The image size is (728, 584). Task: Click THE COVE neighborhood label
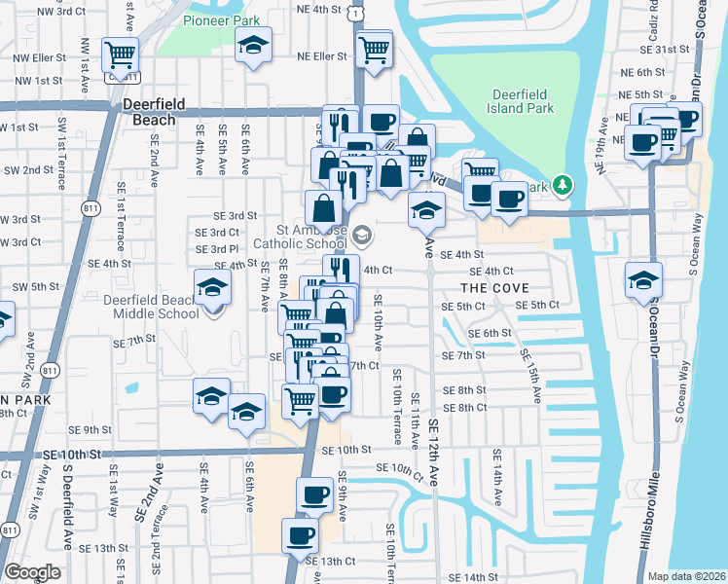click(494, 288)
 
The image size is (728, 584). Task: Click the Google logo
click(32, 572)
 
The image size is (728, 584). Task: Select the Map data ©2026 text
click(686, 576)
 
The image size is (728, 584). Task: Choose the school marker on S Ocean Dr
click(643, 281)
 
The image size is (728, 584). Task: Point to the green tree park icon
click(562, 184)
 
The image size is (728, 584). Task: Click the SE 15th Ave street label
click(531, 376)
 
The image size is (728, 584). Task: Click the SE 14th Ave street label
click(497, 478)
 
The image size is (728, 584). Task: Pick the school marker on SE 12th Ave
click(425, 210)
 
